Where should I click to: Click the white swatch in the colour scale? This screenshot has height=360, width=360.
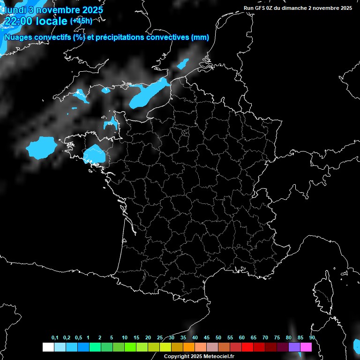(x=48, y=347)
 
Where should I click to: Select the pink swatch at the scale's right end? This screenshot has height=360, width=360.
(x=306, y=347)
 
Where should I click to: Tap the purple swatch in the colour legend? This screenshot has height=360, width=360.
(x=294, y=347)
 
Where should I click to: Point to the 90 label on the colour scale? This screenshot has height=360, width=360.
(x=312, y=337)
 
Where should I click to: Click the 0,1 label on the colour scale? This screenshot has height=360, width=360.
(x=55, y=337)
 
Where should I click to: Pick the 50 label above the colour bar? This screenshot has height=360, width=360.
(x=218, y=337)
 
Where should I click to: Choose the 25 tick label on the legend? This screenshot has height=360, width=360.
(x=160, y=337)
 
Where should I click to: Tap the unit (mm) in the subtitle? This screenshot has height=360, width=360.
(x=200, y=37)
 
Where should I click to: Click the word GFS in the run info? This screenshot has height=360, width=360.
(x=261, y=8)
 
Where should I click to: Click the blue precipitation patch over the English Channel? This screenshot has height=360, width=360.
(x=148, y=94)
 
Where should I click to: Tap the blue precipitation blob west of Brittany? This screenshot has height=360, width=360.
(x=41, y=148)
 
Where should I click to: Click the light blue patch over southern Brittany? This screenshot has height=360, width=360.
(x=95, y=154)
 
